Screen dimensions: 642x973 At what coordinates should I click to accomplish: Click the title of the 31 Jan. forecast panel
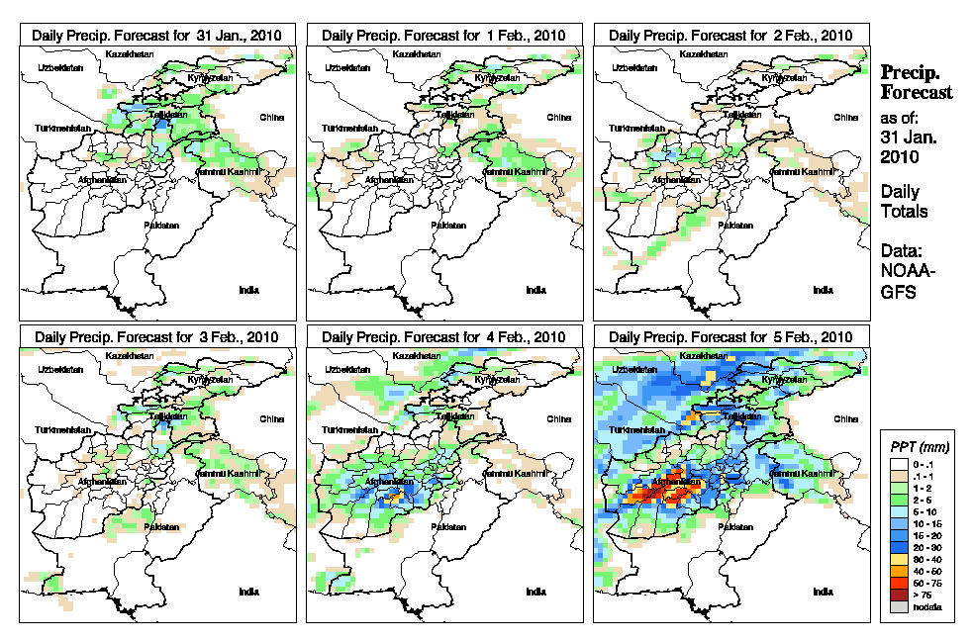[157, 35]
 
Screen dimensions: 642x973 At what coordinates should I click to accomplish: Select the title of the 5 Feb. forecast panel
[730, 336]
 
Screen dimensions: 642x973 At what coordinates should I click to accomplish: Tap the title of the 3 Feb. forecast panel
[157, 336]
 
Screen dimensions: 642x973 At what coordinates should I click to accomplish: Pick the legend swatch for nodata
[899, 606]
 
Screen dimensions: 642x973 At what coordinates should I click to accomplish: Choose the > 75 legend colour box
[899, 596]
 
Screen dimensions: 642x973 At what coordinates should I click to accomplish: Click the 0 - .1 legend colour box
[899, 463]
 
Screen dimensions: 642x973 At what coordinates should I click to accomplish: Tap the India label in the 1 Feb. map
[535, 290]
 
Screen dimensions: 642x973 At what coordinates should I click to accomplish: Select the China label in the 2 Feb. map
[845, 117]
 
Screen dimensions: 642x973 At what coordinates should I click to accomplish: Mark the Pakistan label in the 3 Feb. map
[161, 527]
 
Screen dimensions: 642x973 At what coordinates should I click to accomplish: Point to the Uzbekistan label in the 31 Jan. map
[57, 67]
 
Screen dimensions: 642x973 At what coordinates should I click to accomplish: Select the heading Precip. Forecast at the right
[917, 82]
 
